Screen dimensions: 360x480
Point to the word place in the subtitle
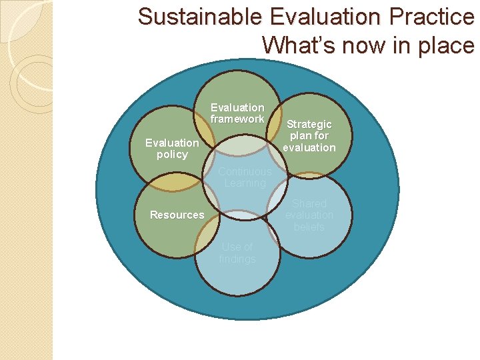coord(449,45)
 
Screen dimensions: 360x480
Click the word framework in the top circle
coord(237,119)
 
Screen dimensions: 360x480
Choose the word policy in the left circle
coord(172,155)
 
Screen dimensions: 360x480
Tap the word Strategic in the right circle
coord(309,125)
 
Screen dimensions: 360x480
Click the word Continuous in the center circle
coord(245,171)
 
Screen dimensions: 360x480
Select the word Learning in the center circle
coord(245,183)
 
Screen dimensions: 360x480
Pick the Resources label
coord(177,215)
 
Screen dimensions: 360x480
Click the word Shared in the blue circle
coord(309,203)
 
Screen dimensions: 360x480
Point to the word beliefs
coord(309,227)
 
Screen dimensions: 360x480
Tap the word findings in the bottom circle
coord(237,259)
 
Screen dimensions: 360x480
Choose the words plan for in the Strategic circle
coord(309,136)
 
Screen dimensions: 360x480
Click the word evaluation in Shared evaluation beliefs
coord(309,215)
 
